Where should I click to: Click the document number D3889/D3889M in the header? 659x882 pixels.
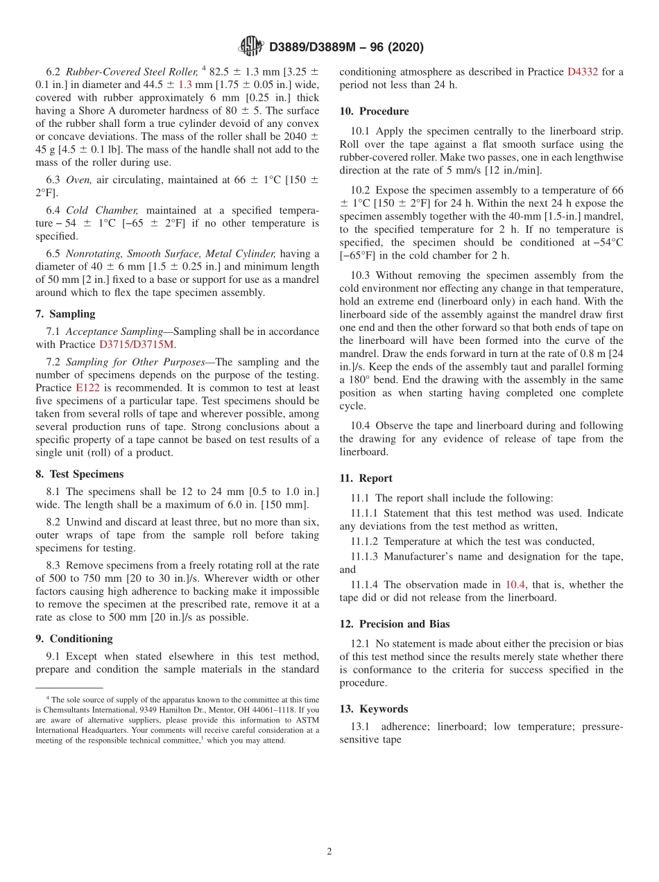[313, 47]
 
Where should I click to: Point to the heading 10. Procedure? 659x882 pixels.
[374, 111]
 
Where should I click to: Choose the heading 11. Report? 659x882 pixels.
[366, 478]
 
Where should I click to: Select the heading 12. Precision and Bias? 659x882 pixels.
[394, 624]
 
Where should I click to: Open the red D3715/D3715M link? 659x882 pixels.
[137, 345]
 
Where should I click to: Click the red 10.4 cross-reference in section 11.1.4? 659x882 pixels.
[515, 585]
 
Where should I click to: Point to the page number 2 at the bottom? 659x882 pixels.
[329, 851]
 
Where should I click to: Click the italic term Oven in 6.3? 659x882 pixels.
[78, 180]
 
